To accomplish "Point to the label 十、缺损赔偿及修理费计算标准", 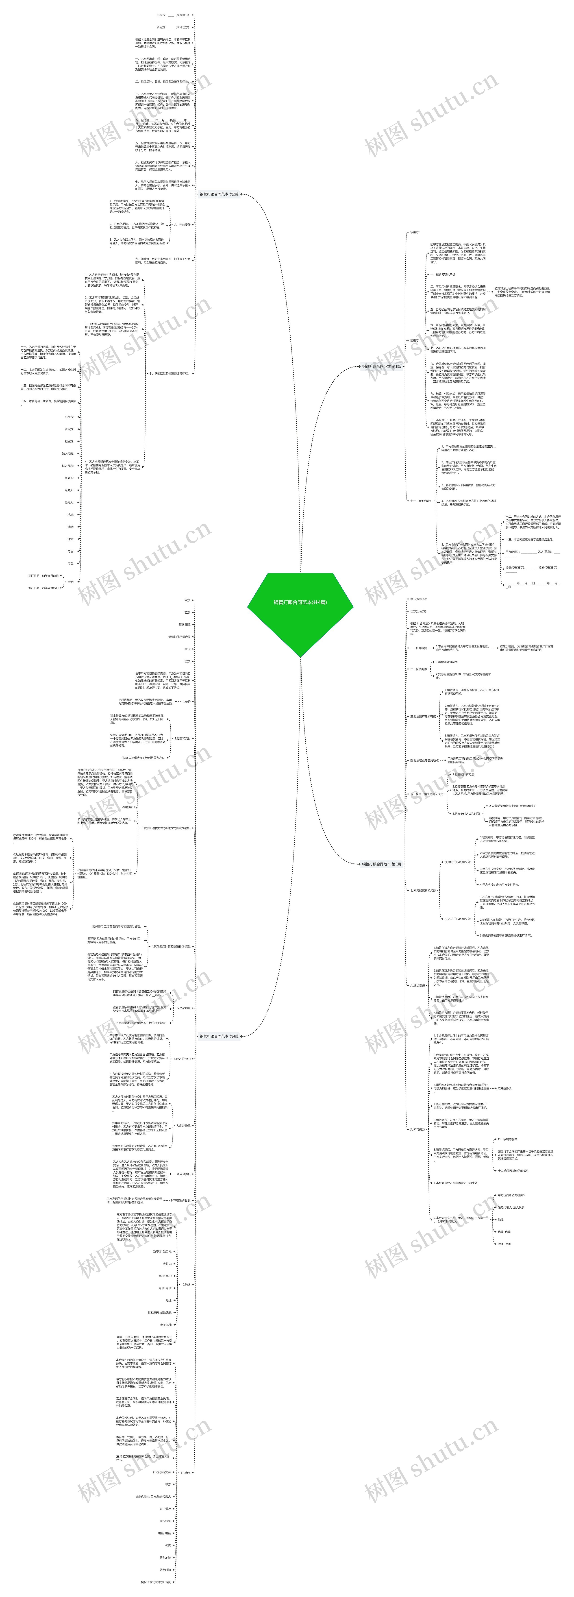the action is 169,373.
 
